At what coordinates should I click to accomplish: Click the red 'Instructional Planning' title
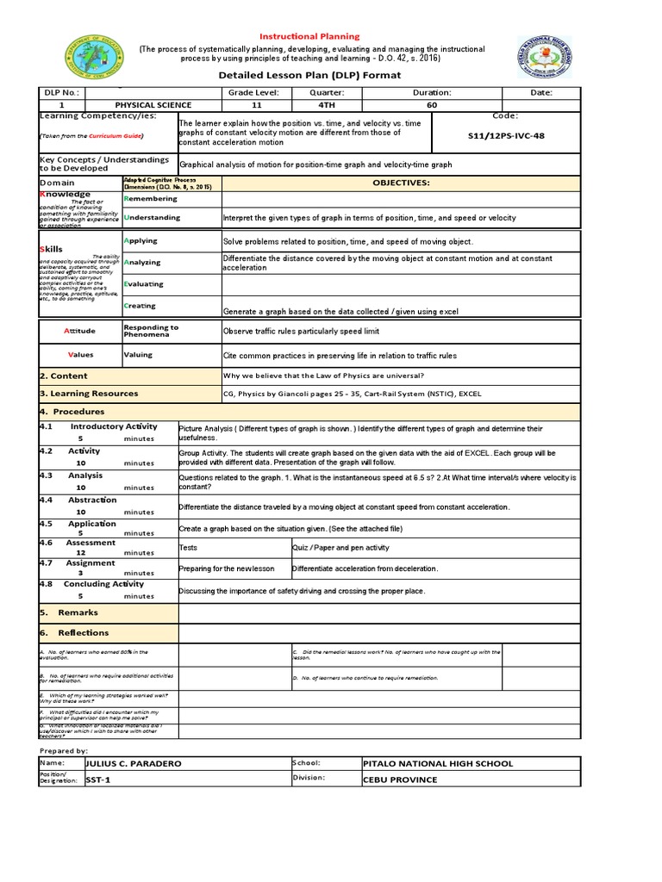click(310, 36)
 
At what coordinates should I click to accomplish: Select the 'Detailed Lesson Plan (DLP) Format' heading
click(310, 75)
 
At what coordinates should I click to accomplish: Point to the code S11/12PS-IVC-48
click(506, 136)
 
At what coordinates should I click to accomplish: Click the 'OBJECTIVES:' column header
click(400, 183)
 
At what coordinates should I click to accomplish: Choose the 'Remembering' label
click(153, 199)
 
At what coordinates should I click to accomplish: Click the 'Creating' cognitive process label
click(141, 306)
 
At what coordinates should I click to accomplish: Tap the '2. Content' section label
click(64, 376)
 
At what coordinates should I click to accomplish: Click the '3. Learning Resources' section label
click(89, 394)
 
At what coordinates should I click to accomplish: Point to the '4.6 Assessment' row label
click(78, 543)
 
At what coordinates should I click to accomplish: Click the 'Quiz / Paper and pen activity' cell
click(340, 547)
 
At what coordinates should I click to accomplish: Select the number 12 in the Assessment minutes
click(80, 553)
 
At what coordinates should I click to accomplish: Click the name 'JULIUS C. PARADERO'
click(134, 763)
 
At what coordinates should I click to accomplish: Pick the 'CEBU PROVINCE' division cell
click(401, 780)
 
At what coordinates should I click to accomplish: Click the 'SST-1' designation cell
click(99, 780)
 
